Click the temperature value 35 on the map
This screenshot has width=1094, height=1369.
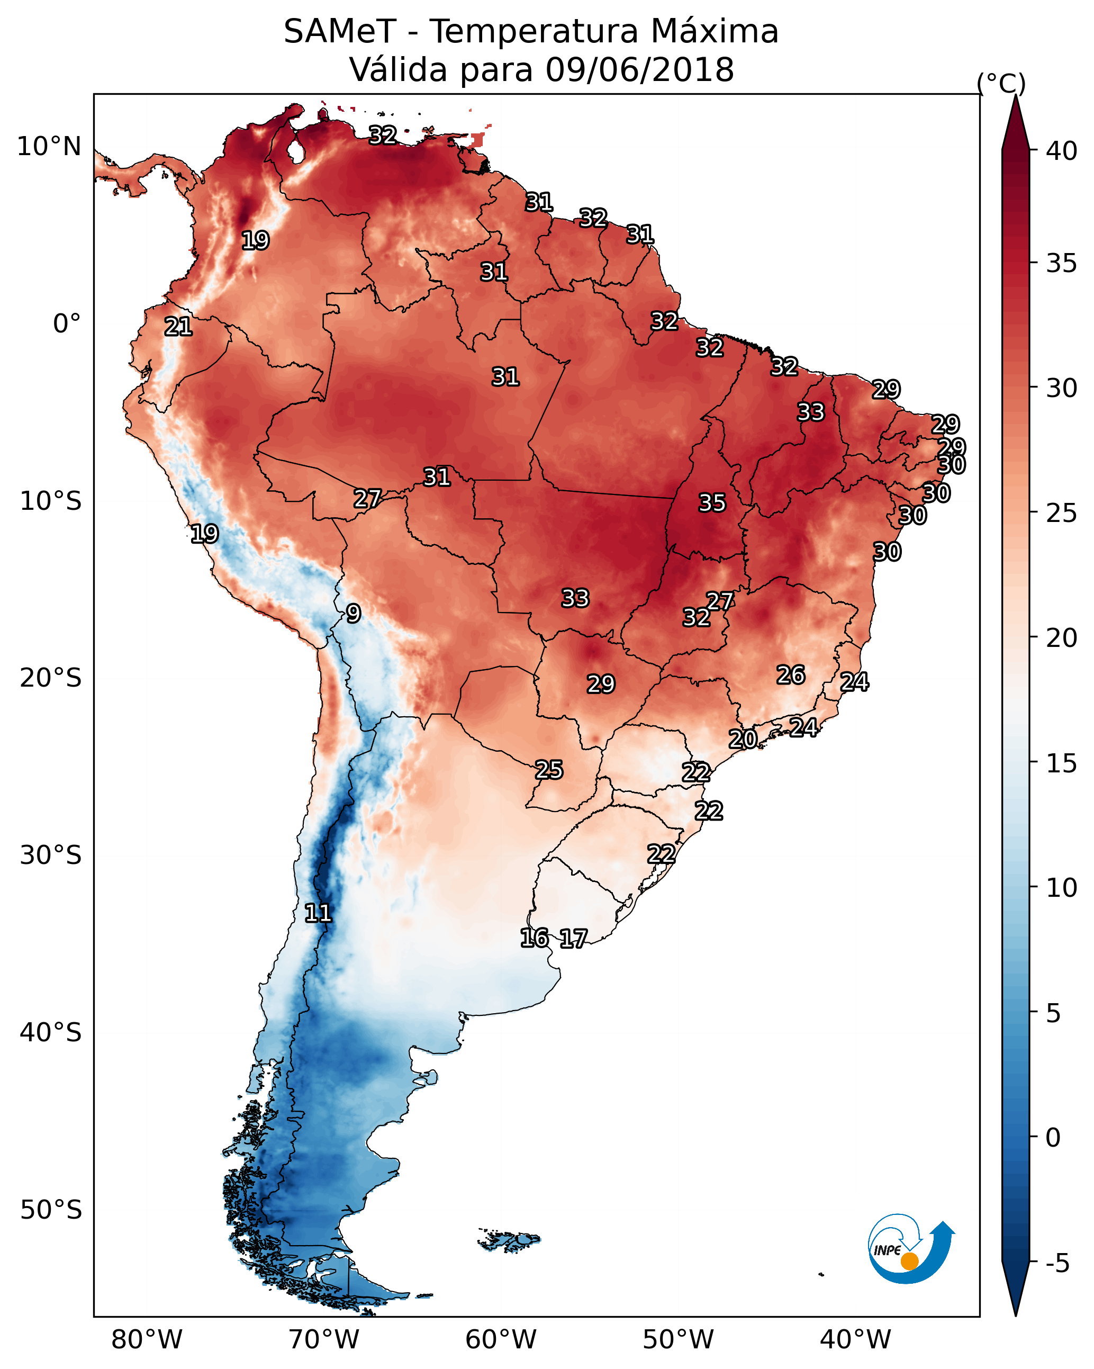coord(712,503)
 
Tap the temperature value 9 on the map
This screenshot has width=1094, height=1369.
coord(354,614)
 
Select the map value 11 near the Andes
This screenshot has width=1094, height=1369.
coord(318,913)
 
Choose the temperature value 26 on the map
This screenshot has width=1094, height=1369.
coord(791,675)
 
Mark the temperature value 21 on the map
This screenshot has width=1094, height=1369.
coord(178,327)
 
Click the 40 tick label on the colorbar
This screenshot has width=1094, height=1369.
coord(1062,151)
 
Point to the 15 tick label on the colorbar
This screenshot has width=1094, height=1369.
coord(1062,763)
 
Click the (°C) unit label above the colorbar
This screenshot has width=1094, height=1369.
coord(1001,83)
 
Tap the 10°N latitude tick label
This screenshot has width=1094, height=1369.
coord(49,147)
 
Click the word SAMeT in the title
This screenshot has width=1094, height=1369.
coord(340,32)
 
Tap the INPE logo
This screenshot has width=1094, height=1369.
coord(911,1248)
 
